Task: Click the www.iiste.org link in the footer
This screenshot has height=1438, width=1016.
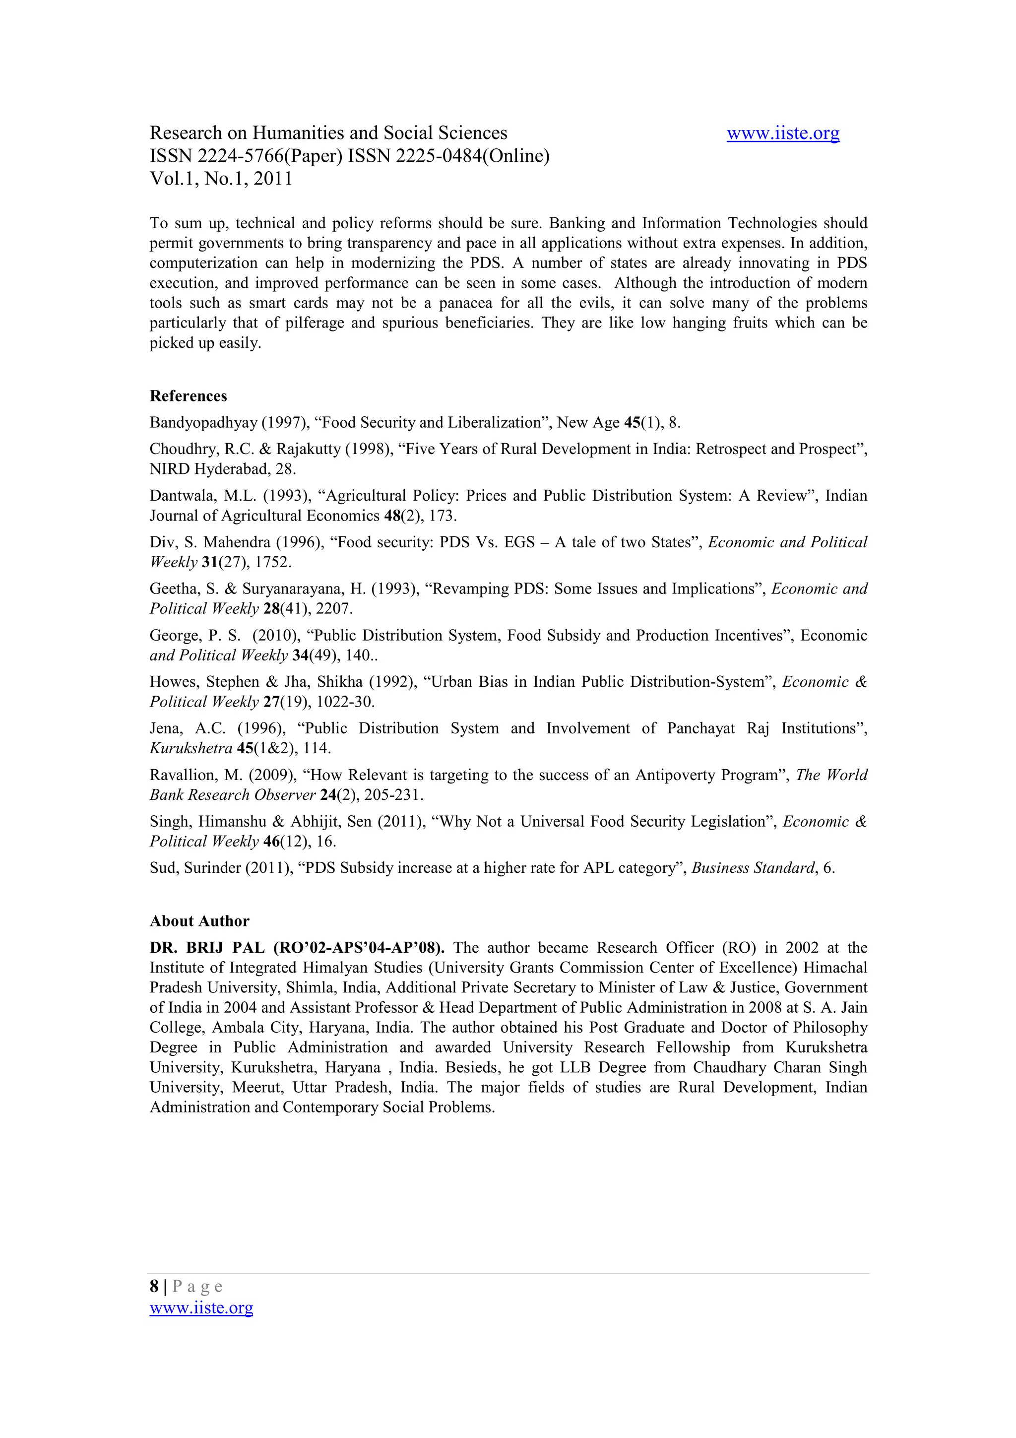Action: click(201, 1308)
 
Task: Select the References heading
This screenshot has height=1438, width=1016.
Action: click(188, 396)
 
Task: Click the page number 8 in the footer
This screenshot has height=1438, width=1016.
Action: click(154, 1287)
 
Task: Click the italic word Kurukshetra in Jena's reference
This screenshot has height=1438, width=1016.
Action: click(190, 748)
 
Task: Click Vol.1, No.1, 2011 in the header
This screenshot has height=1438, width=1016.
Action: click(220, 179)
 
